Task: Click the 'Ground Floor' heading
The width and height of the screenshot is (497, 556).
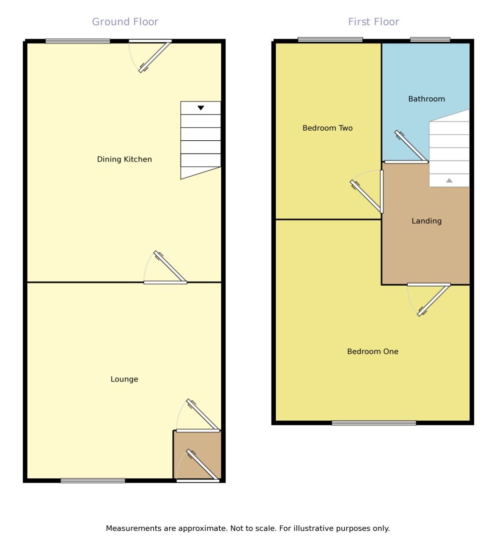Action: [x=125, y=22]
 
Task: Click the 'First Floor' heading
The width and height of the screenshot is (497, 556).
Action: [x=374, y=22]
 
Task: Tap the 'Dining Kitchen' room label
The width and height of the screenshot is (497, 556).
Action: [x=124, y=159]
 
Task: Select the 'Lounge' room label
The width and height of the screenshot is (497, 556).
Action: [x=124, y=379]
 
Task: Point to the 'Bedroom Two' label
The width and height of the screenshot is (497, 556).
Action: [x=327, y=128]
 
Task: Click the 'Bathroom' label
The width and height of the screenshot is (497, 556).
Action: [x=426, y=99]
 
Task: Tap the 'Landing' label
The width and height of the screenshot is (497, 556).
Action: [x=426, y=221]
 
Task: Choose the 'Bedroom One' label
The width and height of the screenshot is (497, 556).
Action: [x=372, y=352]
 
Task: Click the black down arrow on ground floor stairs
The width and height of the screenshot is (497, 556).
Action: [x=201, y=108]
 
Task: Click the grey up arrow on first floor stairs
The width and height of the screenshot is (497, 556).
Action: [x=449, y=180]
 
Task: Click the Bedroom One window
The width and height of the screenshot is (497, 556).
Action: [x=374, y=423]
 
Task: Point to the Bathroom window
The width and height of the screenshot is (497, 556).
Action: [x=430, y=40]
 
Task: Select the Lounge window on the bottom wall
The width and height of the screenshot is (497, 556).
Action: [x=93, y=481]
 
